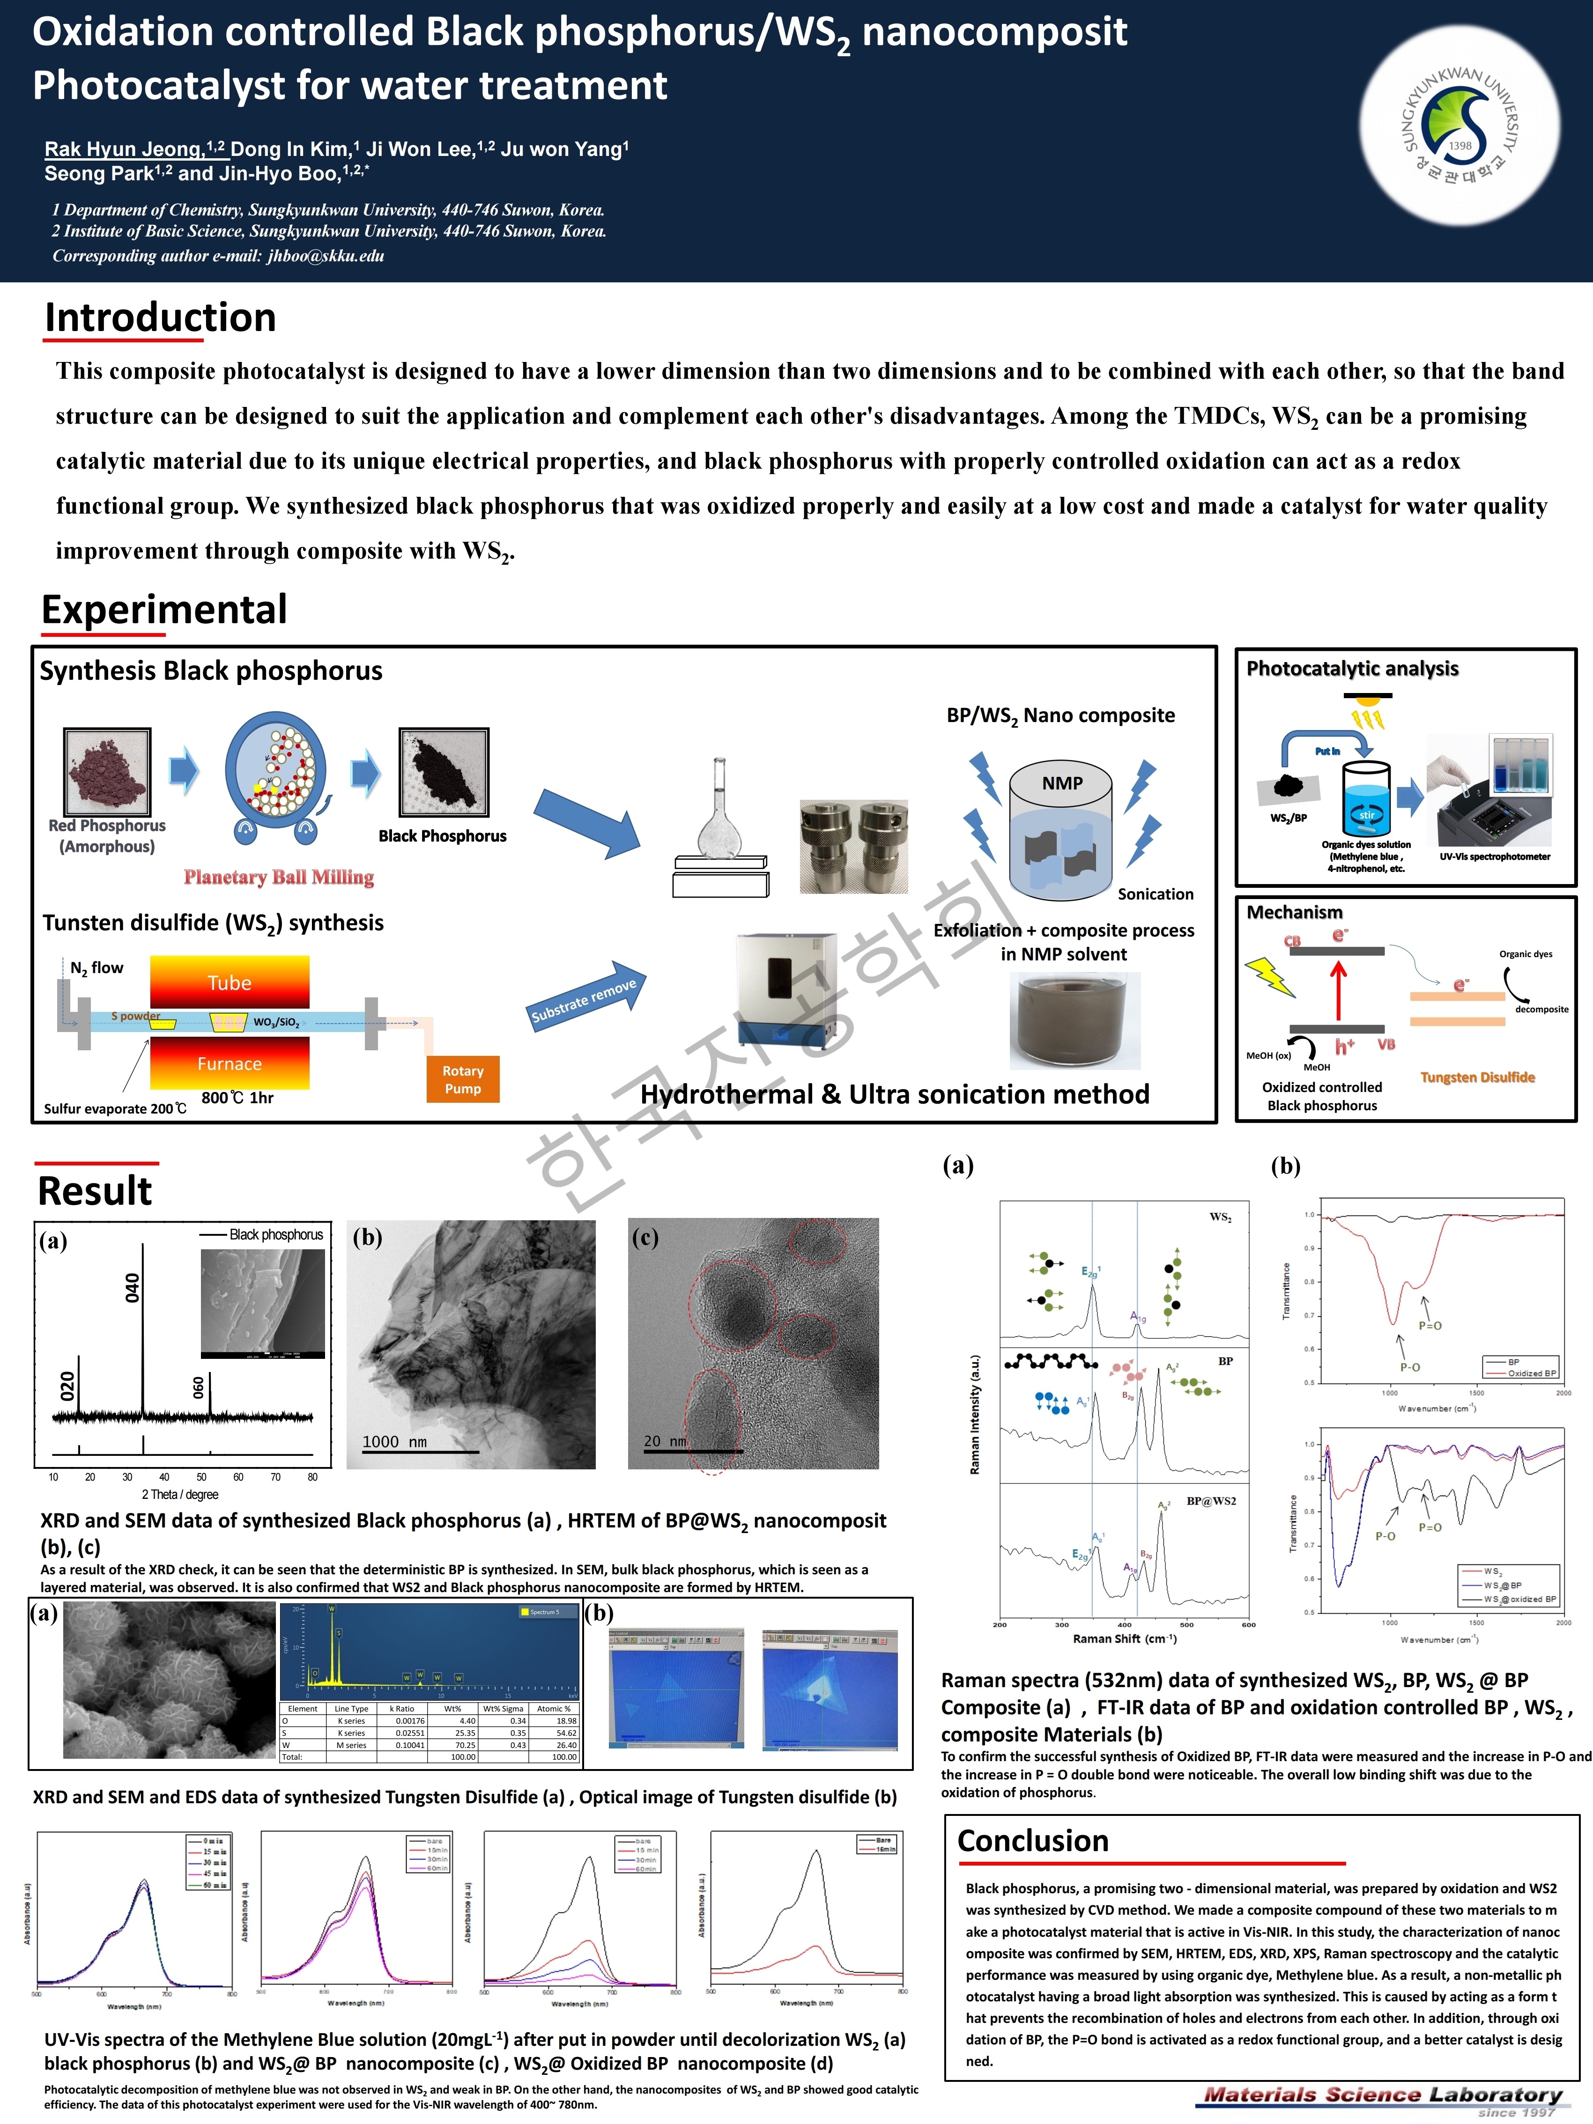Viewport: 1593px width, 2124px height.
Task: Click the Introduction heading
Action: (x=160, y=318)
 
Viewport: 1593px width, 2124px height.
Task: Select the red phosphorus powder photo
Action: (x=108, y=771)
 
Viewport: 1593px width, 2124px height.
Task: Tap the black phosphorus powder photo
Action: (x=444, y=771)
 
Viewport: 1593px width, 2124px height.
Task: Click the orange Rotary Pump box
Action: (x=463, y=1079)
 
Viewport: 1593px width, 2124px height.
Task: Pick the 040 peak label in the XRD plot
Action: (x=133, y=1287)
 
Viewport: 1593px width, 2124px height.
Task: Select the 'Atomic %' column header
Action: (x=554, y=1708)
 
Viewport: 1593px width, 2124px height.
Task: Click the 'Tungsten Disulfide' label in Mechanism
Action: (x=1477, y=1077)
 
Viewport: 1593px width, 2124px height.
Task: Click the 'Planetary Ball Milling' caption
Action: (x=279, y=877)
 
